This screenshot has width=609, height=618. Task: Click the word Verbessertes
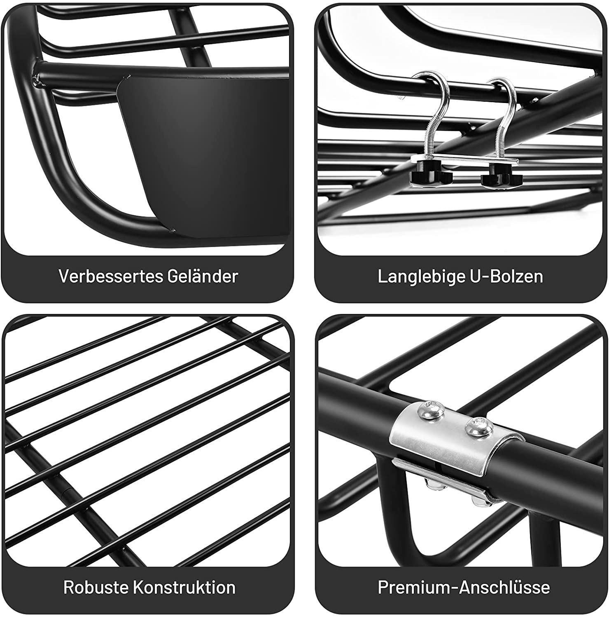click(110, 276)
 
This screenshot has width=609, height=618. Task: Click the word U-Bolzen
click(506, 276)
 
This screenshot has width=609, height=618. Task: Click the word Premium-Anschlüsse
click(464, 587)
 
